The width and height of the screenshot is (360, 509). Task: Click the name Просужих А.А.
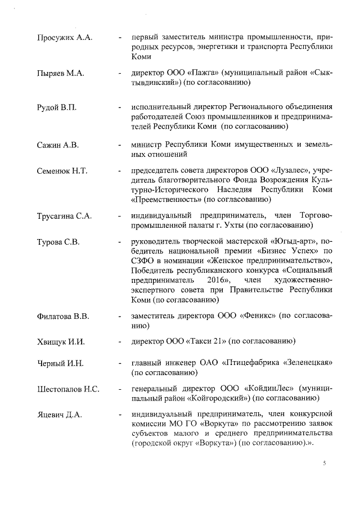(64, 38)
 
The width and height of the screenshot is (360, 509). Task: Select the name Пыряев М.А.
(60, 73)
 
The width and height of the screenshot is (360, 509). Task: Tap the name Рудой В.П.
(58, 108)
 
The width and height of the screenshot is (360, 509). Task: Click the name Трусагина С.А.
(64, 217)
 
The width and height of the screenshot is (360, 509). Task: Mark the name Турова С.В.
(58, 242)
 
